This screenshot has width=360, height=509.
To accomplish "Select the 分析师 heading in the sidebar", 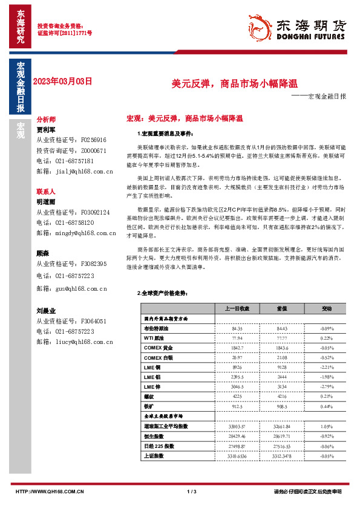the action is coord(46,120).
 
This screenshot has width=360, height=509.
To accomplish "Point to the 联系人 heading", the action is coord(46,191).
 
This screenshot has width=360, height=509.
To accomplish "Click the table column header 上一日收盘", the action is coord(237,308).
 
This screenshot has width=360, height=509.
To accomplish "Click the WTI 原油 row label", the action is coord(154,338).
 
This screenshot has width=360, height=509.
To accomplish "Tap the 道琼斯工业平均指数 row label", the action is coord(164,426).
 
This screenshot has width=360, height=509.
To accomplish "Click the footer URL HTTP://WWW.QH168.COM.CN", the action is coord(44,491).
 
